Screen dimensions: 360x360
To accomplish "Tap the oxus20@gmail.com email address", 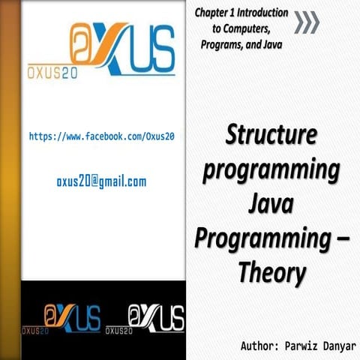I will coord(101,181).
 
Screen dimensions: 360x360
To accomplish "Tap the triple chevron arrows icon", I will coord(307,22).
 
